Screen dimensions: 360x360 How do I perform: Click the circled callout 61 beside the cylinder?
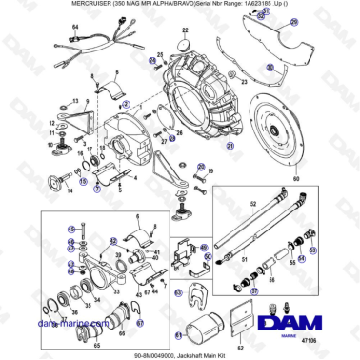[x=178, y=334]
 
